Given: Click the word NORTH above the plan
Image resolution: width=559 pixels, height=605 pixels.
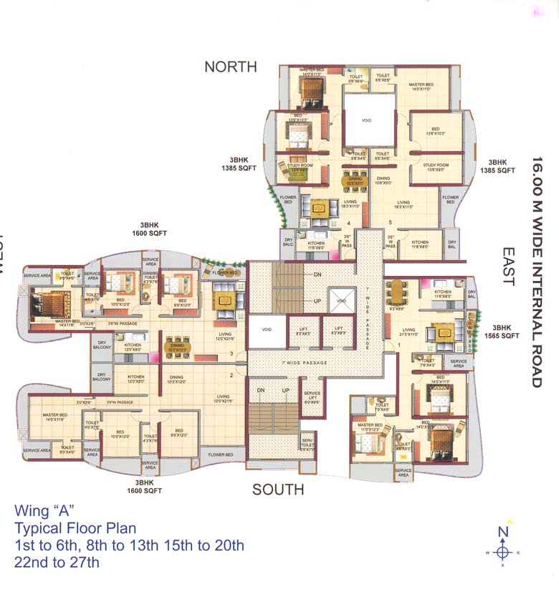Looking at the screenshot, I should point(230,67).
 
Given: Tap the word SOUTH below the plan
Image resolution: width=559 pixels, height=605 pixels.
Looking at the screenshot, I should point(278,490).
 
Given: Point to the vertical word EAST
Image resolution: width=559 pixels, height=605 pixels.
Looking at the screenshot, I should point(508,267).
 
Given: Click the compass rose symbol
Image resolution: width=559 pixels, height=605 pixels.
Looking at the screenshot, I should point(503,552).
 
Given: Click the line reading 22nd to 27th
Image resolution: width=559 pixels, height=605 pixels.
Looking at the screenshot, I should point(57,562).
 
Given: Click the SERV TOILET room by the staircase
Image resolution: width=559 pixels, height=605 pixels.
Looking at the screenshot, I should point(307,444).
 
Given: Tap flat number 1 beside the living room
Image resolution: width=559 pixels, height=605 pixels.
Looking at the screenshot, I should point(399,346).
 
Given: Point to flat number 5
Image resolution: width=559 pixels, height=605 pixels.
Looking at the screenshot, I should point(391,222).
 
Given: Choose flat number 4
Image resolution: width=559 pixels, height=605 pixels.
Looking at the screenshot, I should point(348,222).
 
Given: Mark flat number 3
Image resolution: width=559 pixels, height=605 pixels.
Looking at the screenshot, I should point(231,353).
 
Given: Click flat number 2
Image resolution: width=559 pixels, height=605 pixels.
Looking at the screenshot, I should point(231,374).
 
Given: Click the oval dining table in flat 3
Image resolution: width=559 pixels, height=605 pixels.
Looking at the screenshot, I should point(176,346).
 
